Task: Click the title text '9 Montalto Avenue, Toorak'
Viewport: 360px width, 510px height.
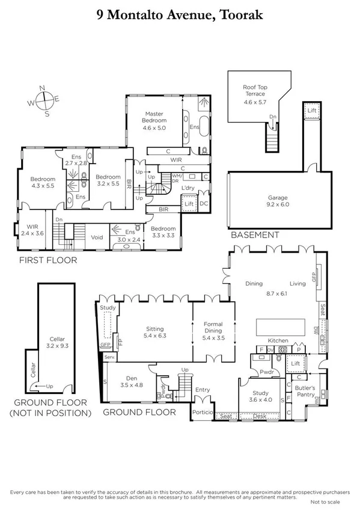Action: [x=180, y=14]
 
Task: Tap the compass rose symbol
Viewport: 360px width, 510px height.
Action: [x=41, y=100]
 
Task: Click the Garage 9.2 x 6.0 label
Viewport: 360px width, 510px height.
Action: [x=277, y=201]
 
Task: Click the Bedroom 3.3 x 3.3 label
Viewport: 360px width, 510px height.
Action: [x=162, y=232]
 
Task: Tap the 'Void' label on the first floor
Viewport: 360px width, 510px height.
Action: [x=97, y=237]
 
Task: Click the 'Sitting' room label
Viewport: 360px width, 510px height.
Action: [x=156, y=333]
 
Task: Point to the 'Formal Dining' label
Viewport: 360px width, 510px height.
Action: [x=213, y=327]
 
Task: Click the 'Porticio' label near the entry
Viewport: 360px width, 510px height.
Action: [x=201, y=412]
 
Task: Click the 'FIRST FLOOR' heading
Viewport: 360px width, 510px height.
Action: [x=47, y=260]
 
